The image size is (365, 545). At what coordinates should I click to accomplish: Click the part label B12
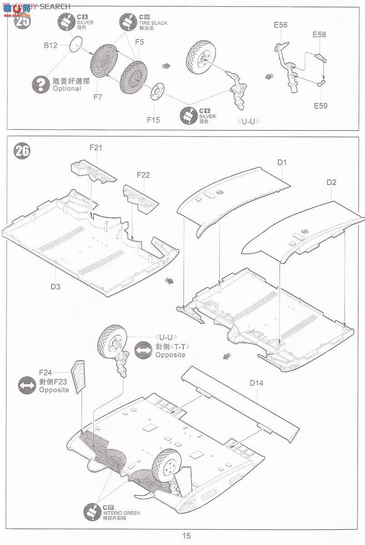[x=50, y=45]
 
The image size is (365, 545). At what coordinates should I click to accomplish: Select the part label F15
[x=153, y=120]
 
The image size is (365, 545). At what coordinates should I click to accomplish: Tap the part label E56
[x=281, y=25]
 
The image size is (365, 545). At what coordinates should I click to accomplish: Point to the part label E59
[x=320, y=106]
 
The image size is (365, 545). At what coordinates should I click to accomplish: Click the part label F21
[x=96, y=148]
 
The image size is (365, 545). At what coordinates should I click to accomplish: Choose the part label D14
[x=256, y=383]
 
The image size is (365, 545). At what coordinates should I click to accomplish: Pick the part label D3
[x=55, y=287]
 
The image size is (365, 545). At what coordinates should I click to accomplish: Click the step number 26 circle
[x=22, y=151]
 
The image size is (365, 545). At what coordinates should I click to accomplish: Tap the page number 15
[x=186, y=536]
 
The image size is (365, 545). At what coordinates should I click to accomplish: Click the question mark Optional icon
[x=41, y=84]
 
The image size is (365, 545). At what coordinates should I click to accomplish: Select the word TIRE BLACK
[x=153, y=23]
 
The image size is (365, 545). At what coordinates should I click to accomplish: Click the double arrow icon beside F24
[x=27, y=386]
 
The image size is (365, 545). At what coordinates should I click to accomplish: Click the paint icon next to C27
[x=92, y=512]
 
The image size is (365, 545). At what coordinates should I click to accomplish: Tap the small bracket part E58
[x=321, y=58]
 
